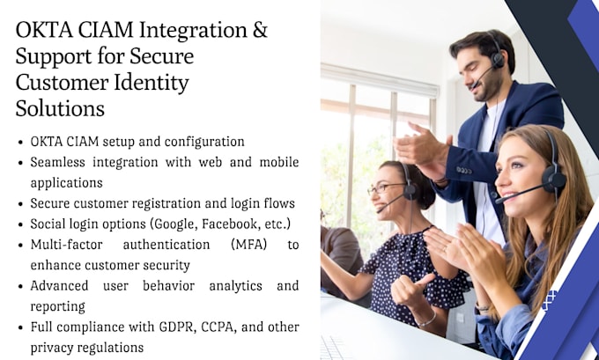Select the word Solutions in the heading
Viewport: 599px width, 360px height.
pos(60,109)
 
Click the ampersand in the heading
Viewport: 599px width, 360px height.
pos(260,30)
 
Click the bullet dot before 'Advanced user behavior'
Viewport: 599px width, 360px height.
pos(20,286)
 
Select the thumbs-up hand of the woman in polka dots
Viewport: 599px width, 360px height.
pos(410,288)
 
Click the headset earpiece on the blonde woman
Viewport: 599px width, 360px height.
pos(554,179)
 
